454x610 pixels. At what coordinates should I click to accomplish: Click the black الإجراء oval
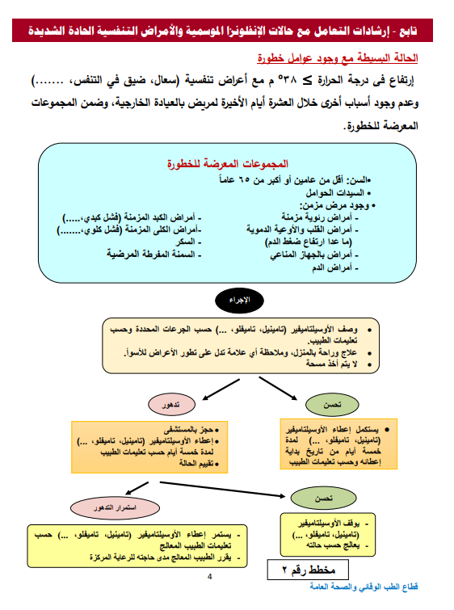(241, 299)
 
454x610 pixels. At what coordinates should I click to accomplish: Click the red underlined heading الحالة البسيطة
(348, 59)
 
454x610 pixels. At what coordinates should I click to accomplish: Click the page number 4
(208, 576)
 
